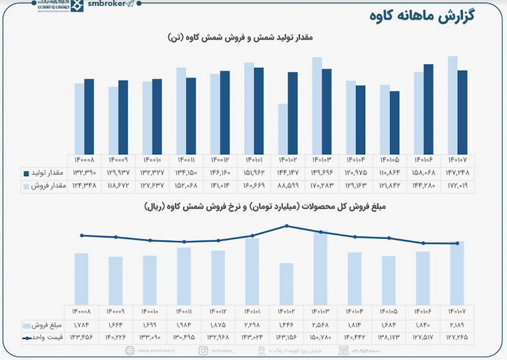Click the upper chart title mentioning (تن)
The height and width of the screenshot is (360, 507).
coord(253,37)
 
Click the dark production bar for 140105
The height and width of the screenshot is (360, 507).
coord(394,122)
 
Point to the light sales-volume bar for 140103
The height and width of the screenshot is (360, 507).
coord(317,106)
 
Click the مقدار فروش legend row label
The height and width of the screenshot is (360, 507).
coord(49,186)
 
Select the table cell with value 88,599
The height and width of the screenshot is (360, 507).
coord(287,186)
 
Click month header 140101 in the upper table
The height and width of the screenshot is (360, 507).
coord(253,159)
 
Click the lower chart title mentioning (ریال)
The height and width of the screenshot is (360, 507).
coord(253,208)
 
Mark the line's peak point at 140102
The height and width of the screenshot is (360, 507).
coord(287,226)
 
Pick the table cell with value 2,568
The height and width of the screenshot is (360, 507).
coord(321,326)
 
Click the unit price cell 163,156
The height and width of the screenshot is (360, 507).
coord(287,338)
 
